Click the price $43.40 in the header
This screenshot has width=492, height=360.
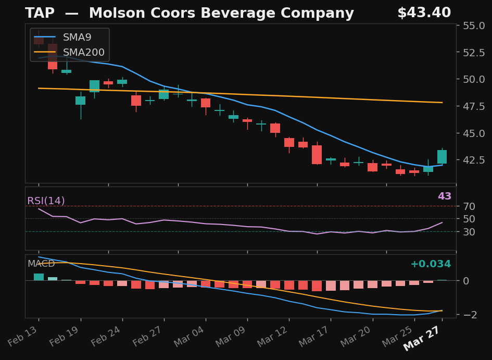click(424, 14)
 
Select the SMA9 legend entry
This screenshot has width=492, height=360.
click(77, 38)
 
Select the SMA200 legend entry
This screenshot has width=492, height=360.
click(83, 53)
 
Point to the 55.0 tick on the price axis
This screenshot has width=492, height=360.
click(474, 26)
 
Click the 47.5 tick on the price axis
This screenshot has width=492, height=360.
click(474, 106)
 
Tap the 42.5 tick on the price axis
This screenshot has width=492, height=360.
click(474, 160)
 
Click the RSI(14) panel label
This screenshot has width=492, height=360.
click(46, 201)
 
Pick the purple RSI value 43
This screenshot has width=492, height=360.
click(444, 196)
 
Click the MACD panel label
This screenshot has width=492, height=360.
click(41, 264)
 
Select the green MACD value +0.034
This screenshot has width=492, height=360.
click(430, 264)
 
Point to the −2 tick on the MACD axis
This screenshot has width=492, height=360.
click(470, 315)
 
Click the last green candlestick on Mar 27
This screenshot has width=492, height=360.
click(442, 157)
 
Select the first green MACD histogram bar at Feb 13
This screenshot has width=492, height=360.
click(39, 277)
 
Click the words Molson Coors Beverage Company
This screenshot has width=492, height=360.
click(221, 14)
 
